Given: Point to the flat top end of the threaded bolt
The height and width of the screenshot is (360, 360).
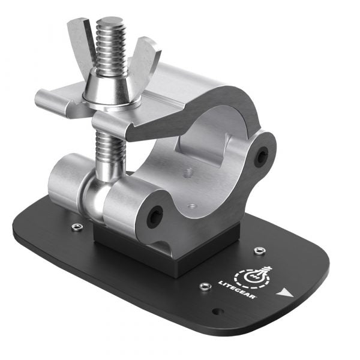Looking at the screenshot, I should click(x=111, y=22).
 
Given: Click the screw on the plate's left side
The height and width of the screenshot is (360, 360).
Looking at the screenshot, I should click(x=76, y=227).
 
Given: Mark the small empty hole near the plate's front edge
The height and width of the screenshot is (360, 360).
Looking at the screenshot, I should click(x=218, y=311).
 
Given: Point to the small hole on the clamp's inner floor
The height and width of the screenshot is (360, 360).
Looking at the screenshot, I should click(x=192, y=206).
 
